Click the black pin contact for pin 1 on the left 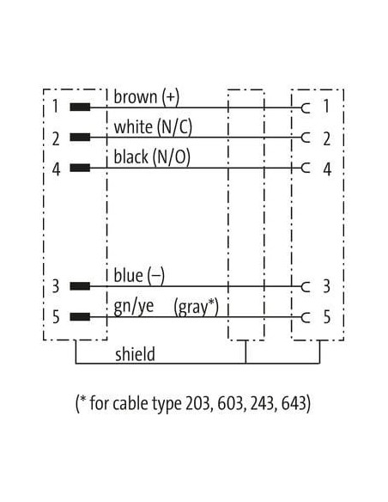tap(80, 107)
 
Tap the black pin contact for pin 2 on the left tap(80, 138)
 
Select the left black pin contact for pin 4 tap(80, 168)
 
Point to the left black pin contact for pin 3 tap(80, 286)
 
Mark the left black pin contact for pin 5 tap(80, 317)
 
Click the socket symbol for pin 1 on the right tap(306, 108)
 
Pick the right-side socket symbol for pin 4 tap(306, 168)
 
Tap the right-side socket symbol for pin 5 tap(306, 317)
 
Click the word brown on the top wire tap(136, 96)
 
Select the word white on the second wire tap(133, 126)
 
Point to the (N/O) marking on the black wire tap(171, 157)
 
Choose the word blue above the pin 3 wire tap(128, 276)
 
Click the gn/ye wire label tap(134, 307)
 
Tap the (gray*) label tap(196, 307)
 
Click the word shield tap(135, 354)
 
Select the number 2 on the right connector tap(326, 138)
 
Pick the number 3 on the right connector tap(326, 286)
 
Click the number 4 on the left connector tap(57, 169)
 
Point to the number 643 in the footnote tap(294, 403)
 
